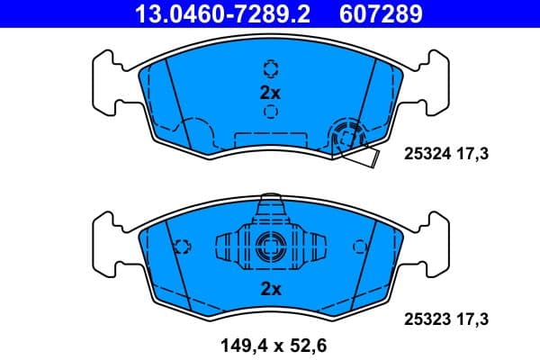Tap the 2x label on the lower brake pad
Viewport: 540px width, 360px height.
[270, 289]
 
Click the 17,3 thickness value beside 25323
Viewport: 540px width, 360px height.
[473, 319]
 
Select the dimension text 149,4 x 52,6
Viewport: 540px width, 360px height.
[269, 343]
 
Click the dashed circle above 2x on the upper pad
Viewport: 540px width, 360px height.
[270, 68]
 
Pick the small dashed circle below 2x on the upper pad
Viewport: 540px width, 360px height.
[270, 112]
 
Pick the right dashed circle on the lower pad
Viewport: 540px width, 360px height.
[360, 246]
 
